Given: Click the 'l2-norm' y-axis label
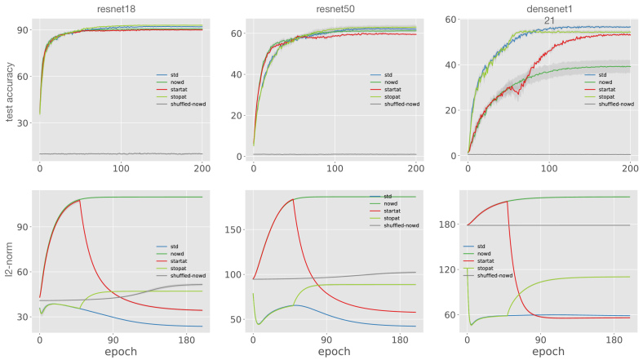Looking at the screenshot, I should [10, 271].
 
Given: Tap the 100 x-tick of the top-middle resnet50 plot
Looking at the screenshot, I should [335, 168].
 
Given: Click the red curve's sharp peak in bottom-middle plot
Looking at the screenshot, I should [293, 199].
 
